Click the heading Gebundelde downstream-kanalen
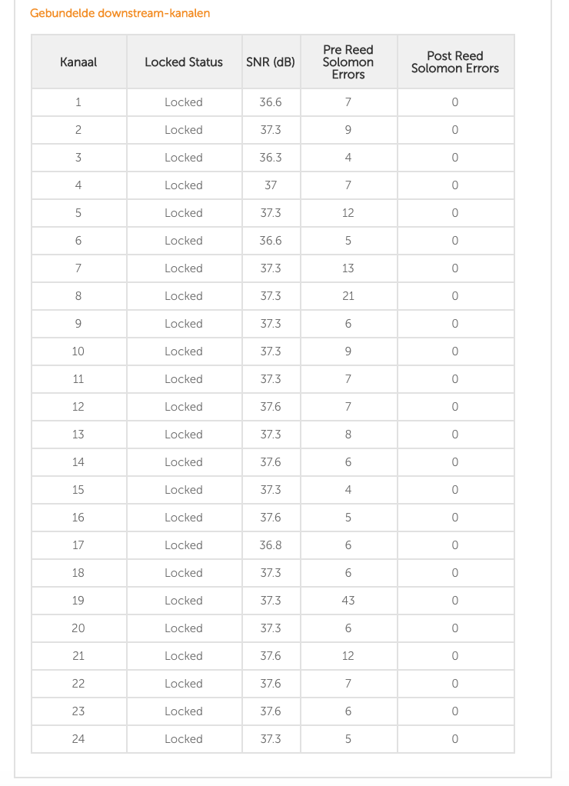120,13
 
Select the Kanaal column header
78,62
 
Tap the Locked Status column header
184,62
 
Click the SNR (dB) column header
271,62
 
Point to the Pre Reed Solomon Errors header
348,62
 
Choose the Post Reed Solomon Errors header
455,62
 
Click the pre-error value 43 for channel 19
348,601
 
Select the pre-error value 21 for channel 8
348,296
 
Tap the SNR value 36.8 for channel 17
271,545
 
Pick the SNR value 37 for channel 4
271,185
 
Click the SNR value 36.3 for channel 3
271,158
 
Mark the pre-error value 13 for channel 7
348,268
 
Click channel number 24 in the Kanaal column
78,739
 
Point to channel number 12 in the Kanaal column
78,407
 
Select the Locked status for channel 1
184,102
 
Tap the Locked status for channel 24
184,739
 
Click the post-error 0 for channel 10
455,351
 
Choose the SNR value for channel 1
271,102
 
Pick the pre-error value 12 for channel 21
348,656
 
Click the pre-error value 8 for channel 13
348,435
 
